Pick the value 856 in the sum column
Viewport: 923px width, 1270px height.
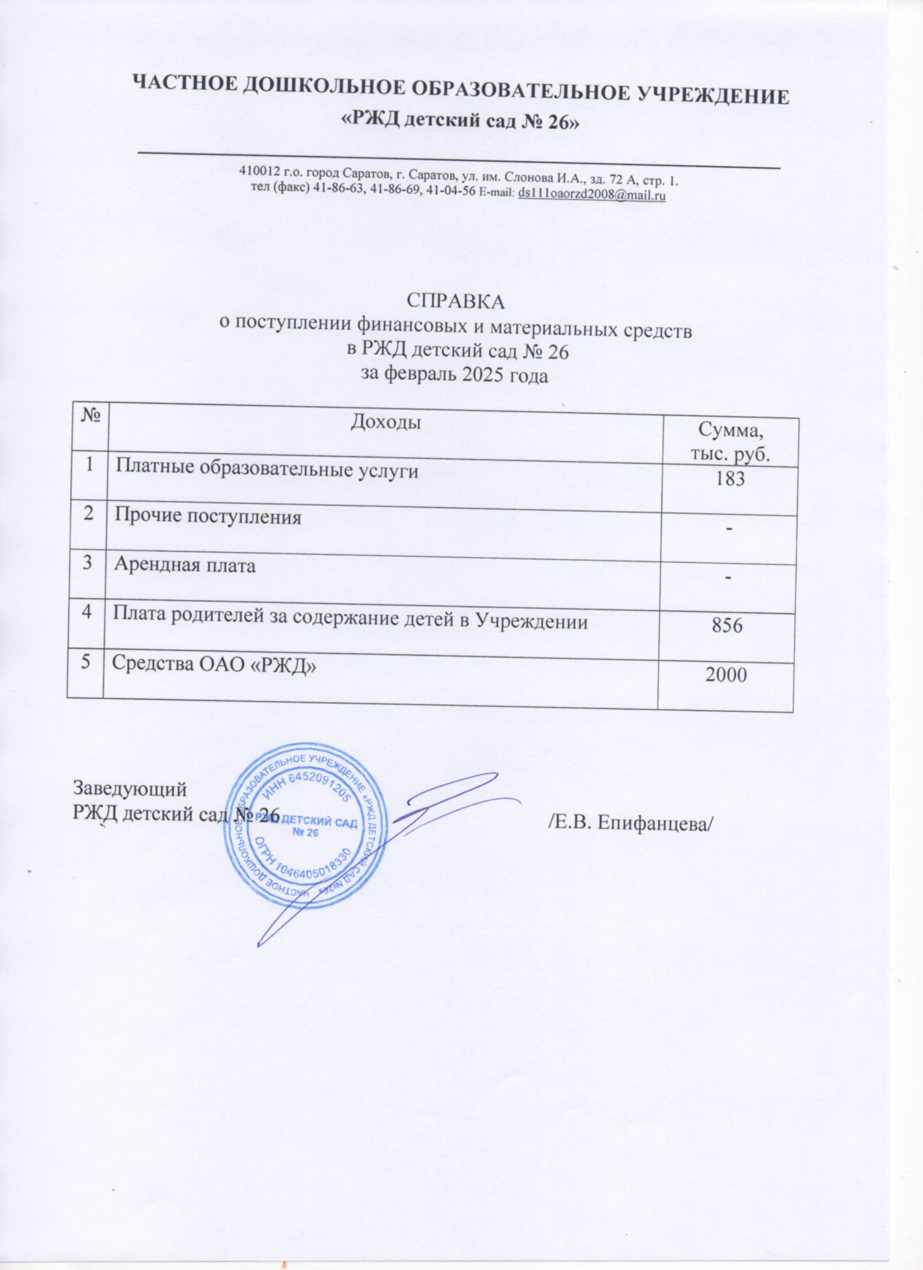click(727, 627)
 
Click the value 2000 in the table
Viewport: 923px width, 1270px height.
click(726, 675)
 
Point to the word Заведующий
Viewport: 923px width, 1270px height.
click(129, 789)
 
